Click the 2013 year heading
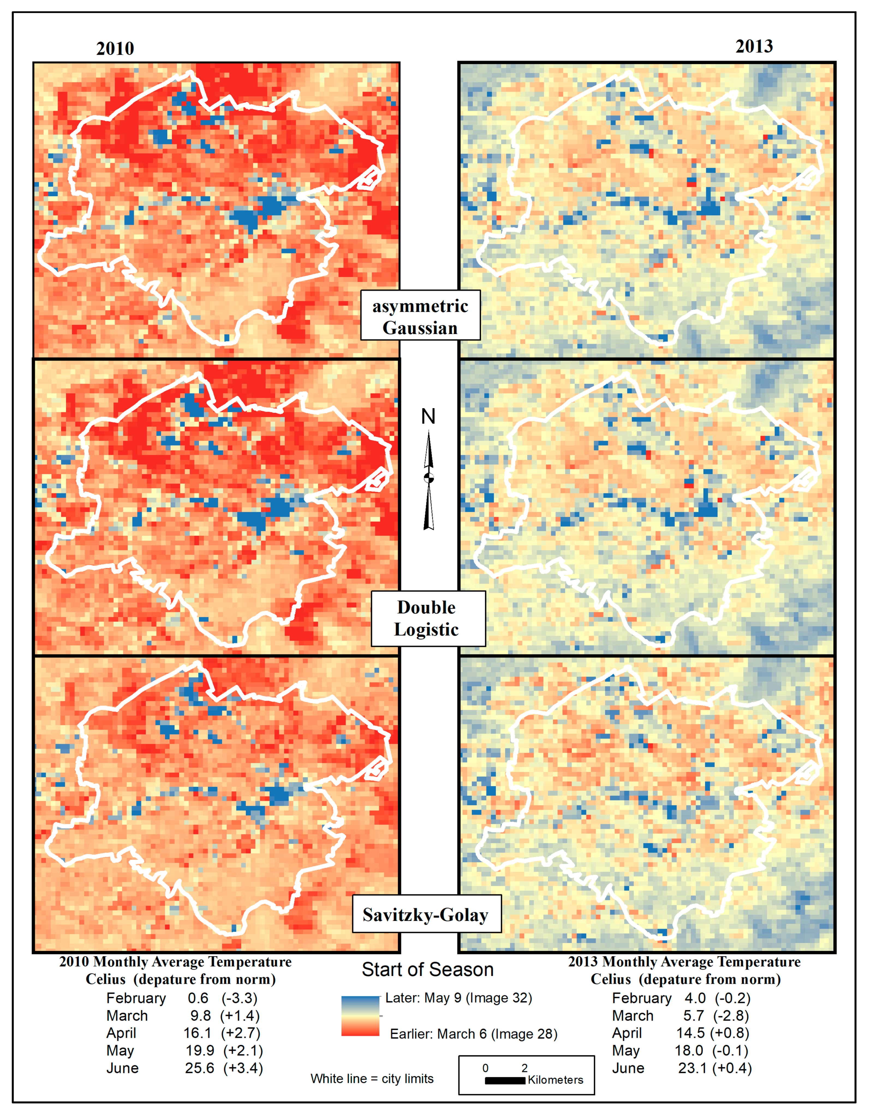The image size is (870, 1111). click(754, 46)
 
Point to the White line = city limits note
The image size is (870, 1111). click(372, 1079)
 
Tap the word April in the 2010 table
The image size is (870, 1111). click(121, 1033)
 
